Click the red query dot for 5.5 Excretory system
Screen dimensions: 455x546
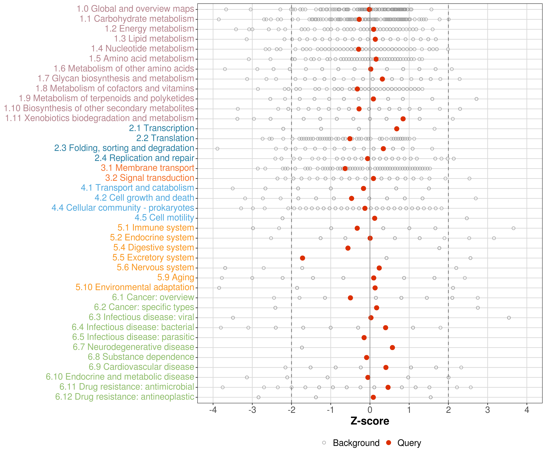[x=302, y=258]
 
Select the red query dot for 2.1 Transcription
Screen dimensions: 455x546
[x=396, y=129]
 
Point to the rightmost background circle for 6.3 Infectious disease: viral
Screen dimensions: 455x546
[x=509, y=318]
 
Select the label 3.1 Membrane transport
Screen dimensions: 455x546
[x=147, y=168]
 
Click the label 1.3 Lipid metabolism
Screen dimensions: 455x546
[x=154, y=39]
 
